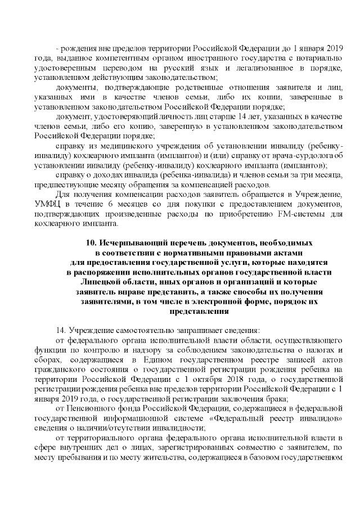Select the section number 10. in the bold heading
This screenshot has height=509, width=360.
click(92, 243)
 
